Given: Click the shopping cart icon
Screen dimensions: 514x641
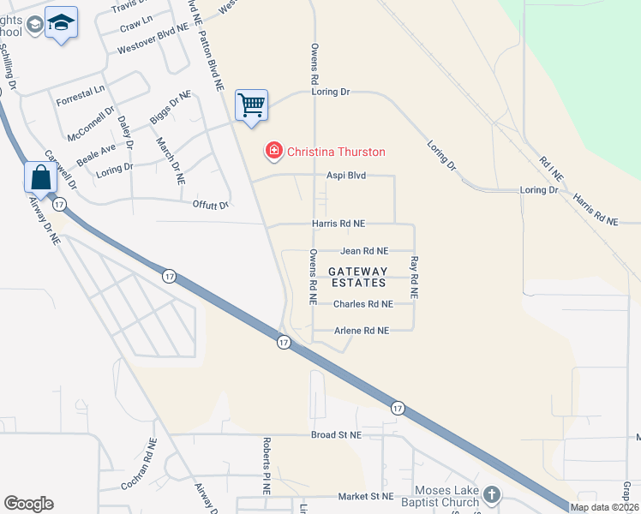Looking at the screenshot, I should click(x=251, y=105).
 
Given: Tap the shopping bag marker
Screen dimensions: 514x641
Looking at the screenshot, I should click(x=41, y=177).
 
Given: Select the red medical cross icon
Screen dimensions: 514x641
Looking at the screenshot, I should click(x=274, y=152).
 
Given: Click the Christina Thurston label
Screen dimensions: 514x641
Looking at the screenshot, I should click(x=336, y=152).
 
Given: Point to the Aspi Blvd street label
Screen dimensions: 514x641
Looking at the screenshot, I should click(x=346, y=175).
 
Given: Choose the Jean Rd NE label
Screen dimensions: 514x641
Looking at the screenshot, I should click(x=364, y=251).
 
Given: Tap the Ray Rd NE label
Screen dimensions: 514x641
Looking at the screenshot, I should click(x=414, y=277).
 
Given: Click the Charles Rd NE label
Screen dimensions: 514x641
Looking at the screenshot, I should click(x=362, y=303).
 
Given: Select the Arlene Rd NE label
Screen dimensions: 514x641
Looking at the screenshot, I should click(x=362, y=330).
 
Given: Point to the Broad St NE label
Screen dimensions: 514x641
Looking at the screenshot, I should click(x=337, y=434).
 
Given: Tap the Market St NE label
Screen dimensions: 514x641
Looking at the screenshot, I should click(x=365, y=496).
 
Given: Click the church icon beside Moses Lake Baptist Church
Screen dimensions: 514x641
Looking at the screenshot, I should click(x=492, y=494).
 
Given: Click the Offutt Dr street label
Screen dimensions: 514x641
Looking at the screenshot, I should click(x=210, y=205).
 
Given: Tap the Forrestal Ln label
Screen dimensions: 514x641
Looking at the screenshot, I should click(x=80, y=95).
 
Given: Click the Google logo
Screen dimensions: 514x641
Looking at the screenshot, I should click(x=28, y=504).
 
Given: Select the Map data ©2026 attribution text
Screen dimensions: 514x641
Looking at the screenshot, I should click(x=604, y=507).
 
